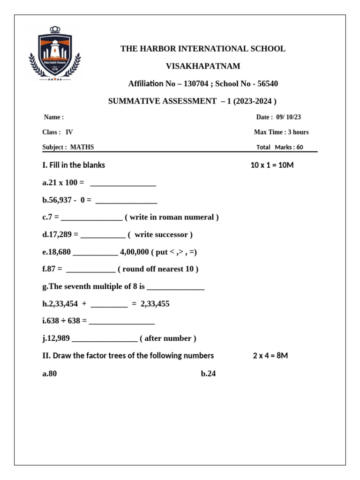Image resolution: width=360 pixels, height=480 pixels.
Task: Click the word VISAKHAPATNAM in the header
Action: coord(203,66)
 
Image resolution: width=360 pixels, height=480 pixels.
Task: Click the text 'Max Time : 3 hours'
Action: coord(281,132)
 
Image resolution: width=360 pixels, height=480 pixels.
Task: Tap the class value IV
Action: coord(69,132)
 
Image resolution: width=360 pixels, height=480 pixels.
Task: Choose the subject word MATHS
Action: coord(82,147)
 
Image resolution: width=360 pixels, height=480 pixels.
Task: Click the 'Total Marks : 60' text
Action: coord(280,147)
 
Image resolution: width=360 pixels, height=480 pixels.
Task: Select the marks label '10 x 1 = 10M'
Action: coord(272,165)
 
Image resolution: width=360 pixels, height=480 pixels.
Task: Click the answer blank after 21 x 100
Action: coord(122,183)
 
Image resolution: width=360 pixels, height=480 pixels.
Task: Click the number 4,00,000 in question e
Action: coord(135,252)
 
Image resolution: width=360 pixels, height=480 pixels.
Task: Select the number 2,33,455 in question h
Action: coord(155,304)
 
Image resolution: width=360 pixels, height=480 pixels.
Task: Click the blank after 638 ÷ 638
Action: coord(121,322)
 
